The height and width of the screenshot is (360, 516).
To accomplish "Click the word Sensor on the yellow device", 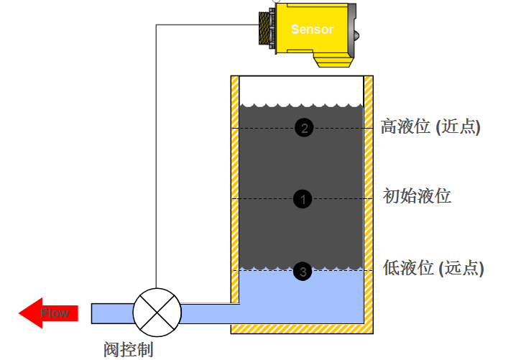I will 312,29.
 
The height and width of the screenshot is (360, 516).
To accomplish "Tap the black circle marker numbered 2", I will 304,128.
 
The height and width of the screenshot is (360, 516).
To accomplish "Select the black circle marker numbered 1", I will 303,199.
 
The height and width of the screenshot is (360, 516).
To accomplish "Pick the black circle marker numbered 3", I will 303,271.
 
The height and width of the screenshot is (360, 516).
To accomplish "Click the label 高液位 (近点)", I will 430,127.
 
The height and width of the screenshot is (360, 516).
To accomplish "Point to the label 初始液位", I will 418,195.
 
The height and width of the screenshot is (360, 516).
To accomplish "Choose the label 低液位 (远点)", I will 433,268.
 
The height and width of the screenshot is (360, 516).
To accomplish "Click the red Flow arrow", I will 48,313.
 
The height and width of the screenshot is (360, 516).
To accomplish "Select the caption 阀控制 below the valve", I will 129,349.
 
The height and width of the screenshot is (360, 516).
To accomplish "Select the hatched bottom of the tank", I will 301,329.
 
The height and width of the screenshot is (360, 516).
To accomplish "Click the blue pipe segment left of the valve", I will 112,313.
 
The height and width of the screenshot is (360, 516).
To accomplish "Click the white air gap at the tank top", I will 301,88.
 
